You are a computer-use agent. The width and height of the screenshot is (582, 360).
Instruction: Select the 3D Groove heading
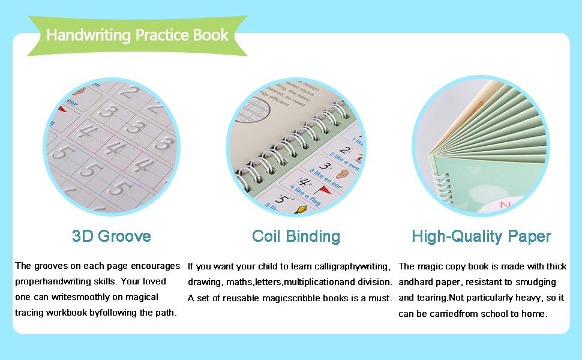(111, 236)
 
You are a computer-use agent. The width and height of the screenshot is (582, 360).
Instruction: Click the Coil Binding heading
(296, 236)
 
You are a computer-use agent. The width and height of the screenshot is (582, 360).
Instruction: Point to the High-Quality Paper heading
(481, 236)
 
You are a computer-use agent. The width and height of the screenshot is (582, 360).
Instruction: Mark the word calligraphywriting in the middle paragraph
(353, 266)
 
